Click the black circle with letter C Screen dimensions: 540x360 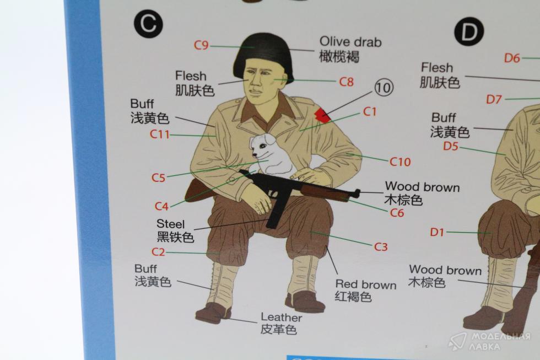[x=148, y=24]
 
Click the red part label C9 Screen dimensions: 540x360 [x=202, y=45]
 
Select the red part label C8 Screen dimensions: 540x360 [x=347, y=82]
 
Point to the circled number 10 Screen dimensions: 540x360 [x=384, y=88]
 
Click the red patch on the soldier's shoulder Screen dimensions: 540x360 [x=323, y=115]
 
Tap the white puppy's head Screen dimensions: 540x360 [x=262, y=146]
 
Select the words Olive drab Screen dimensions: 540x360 [x=350, y=42]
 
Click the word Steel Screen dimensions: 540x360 [x=171, y=224]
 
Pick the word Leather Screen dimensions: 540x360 [x=282, y=318]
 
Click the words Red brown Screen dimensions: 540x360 [x=366, y=284]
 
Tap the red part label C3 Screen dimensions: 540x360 [x=381, y=246]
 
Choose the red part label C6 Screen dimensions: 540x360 [x=397, y=213]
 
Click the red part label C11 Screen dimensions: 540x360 [x=160, y=134]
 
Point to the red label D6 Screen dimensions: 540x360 [x=512, y=58]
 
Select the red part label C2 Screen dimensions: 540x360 [x=159, y=252]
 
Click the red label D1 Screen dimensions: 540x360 [x=437, y=232]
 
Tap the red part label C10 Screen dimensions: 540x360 [x=400, y=162]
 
